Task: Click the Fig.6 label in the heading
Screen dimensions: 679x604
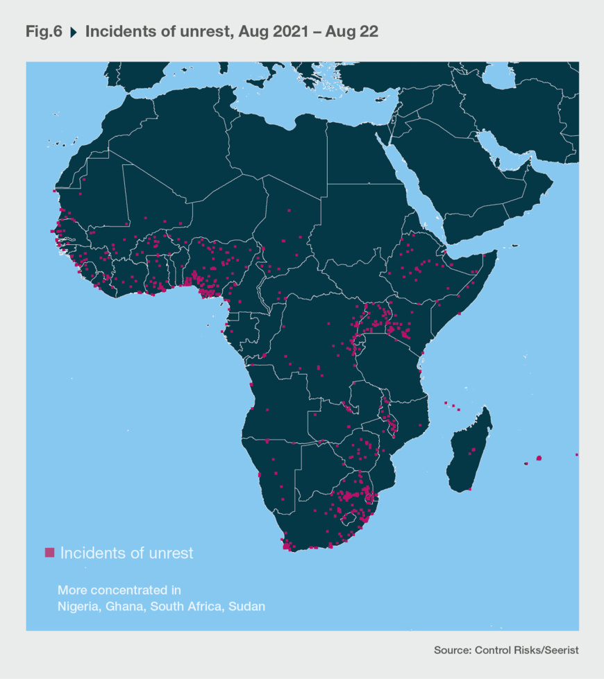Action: point(44,32)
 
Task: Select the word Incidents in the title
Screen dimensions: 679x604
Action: point(115,32)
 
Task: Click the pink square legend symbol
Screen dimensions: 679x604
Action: point(49,553)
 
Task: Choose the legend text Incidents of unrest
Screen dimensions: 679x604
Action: point(126,553)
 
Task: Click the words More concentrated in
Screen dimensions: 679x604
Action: point(119,590)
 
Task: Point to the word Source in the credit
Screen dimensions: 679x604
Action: point(452,650)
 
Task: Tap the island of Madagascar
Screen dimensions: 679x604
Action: point(471,451)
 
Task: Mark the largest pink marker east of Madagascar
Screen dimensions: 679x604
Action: point(539,458)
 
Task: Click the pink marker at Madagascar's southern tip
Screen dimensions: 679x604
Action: point(470,489)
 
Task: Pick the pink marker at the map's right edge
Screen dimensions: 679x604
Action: point(577,454)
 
